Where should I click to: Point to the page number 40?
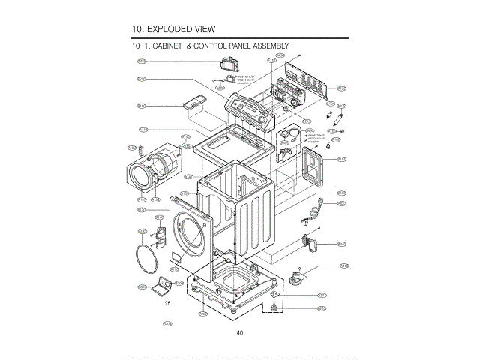[239, 332]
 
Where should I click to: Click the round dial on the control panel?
[261, 118]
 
